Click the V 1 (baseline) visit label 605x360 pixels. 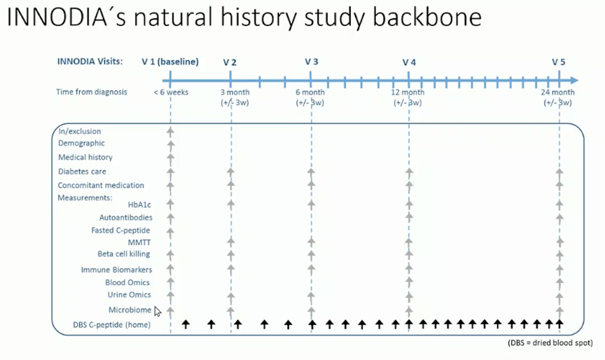coord(170,62)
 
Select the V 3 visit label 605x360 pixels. coord(312,62)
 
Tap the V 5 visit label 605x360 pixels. coord(558,62)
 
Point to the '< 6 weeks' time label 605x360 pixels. coord(171,92)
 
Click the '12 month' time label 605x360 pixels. coord(408,92)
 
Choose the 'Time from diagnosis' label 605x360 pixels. coord(92,92)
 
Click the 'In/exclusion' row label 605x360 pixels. coord(80,131)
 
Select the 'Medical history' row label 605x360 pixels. coord(85,157)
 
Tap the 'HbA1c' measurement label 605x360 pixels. coord(139,205)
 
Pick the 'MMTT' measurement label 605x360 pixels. coord(139,242)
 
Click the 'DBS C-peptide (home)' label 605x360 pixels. coord(112,325)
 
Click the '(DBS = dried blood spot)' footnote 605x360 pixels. coord(550,342)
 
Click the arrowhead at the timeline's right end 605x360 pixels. coord(574,81)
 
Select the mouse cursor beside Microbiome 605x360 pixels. coord(158,312)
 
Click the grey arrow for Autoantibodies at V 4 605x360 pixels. coord(409,217)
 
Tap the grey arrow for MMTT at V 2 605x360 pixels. coord(231,242)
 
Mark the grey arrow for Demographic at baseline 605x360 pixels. coord(171,146)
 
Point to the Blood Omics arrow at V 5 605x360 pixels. coord(559,282)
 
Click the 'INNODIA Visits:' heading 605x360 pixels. coord(90,62)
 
